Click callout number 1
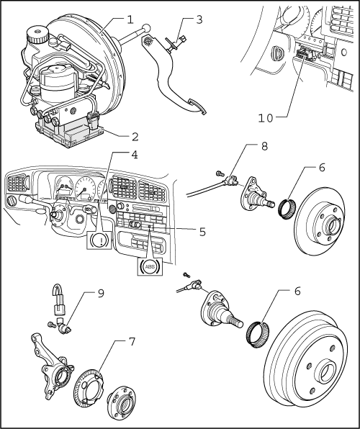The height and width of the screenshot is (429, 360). [x=130, y=19]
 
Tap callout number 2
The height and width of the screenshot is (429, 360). [x=135, y=137]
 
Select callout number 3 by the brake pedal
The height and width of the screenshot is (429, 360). [x=199, y=19]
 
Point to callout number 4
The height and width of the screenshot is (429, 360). [x=135, y=155]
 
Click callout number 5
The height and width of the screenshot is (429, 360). [x=202, y=232]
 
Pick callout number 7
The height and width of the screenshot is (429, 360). [x=132, y=341]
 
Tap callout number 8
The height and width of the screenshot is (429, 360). [x=264, y=146]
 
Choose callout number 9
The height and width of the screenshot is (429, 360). [x=101, y=293]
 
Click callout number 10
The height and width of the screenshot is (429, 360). [x=266, y=118]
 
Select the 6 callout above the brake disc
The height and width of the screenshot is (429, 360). [x=322, y=167]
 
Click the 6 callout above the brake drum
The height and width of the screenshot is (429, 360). [x=297, y=291]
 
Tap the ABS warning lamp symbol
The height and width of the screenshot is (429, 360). [x=150, y=266]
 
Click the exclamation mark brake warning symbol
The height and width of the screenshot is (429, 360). [x=99, y=240]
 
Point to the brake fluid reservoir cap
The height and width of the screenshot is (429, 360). [x=37, y=35]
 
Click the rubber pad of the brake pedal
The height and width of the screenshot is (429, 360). [x=197, y=107]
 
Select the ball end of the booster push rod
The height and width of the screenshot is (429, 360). [x=146, y=28]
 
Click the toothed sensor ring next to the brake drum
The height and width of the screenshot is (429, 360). [x=258, y=335]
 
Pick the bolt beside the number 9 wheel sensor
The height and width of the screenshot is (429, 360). [x=51, y=325]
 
